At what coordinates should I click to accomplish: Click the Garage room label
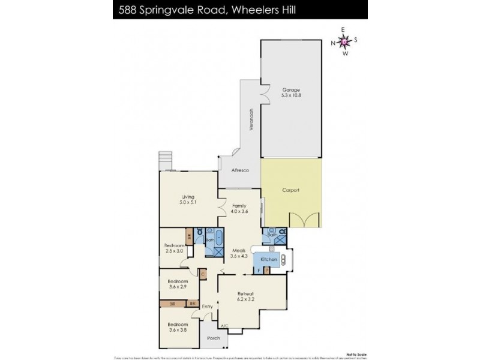(x=290, y=92)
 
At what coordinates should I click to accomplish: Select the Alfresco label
(x=240, y=170)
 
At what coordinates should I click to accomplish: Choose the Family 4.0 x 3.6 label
(x=239, y=208)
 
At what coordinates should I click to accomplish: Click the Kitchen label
(x=268, y=259)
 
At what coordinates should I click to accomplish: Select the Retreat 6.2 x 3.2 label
(x=250, y=296)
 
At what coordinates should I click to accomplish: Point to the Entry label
(x=207, y=307)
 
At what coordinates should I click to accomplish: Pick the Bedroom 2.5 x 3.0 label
(x=175, y=248)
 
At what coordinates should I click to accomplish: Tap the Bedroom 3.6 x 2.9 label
(x=178, y=284)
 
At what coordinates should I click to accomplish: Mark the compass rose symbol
(x=344, y=41)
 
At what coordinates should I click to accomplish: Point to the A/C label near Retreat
(x=225, y=326)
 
